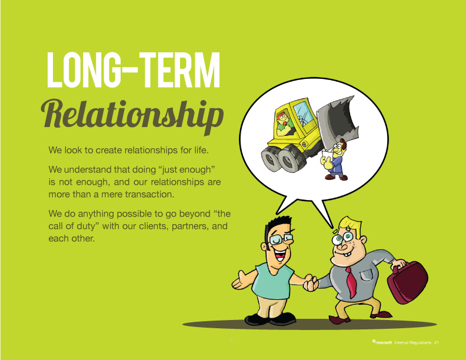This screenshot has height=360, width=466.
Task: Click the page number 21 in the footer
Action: (x=436, y=342)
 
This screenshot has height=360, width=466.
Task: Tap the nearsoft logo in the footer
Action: (x=382, y=342)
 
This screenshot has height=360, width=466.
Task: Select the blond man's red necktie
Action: (x=351, y=282)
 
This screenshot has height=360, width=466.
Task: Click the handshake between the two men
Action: (x=311, y=282)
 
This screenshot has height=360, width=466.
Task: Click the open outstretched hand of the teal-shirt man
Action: (x=241, y=281)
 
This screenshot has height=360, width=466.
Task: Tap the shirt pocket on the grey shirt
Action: (x=366, y=275)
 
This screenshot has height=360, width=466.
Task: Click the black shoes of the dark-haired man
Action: (x=270, y=319)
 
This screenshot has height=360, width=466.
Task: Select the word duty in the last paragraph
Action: (x=85, y=226)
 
